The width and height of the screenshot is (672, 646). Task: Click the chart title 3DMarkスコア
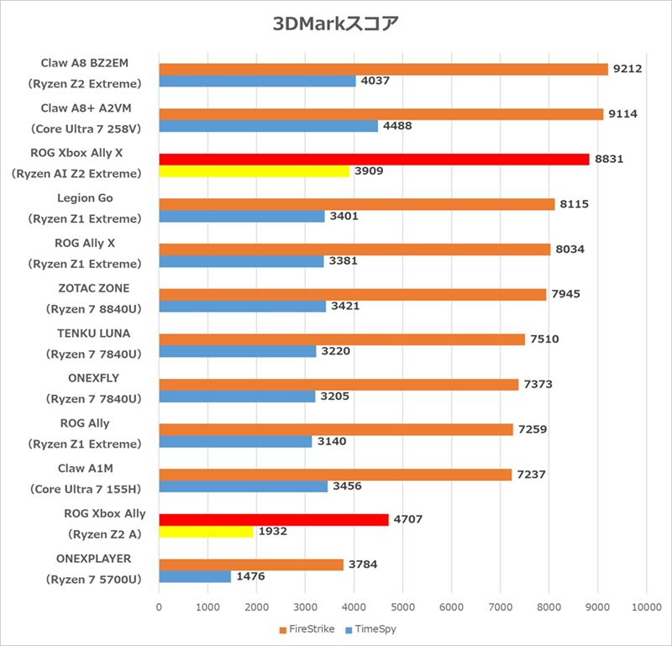point(335,23)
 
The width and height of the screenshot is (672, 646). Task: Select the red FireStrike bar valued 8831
point(374,159)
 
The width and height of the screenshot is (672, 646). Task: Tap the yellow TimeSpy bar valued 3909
point(254,171)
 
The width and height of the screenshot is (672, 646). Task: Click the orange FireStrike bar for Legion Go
point(356,204)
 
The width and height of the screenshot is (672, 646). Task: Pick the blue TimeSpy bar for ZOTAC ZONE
point(242,307)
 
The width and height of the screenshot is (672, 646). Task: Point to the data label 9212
point(627,69)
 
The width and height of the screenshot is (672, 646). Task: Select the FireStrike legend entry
point(307,628)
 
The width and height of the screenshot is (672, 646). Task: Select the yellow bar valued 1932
point(206,532)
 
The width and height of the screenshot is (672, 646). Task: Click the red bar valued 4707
point(274,519)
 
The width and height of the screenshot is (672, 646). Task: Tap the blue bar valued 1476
point(195,577)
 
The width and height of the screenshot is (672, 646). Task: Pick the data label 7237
point(531,475)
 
